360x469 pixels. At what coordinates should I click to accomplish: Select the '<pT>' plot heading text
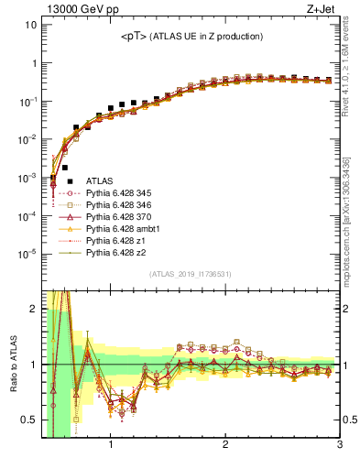pyautogui.click(x=192, y=36)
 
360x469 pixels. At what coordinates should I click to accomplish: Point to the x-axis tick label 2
pyautogui.click(x=225, y=446)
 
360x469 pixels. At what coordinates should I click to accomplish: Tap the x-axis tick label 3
pyautogui.click(x=339, y=446)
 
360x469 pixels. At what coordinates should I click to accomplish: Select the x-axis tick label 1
pyautogui.click(x=111, y=446)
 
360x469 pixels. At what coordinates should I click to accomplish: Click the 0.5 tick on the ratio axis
pyautogui.click(x=27, y=421)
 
